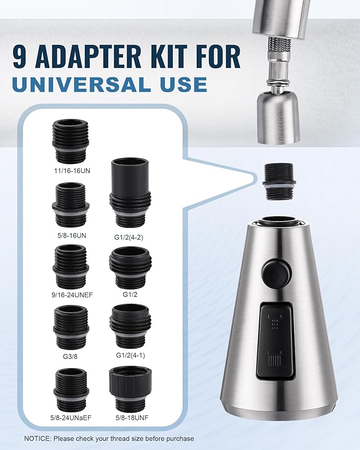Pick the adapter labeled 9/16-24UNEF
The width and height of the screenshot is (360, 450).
point(71,265)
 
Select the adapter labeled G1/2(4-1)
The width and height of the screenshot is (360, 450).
point(130,325)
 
